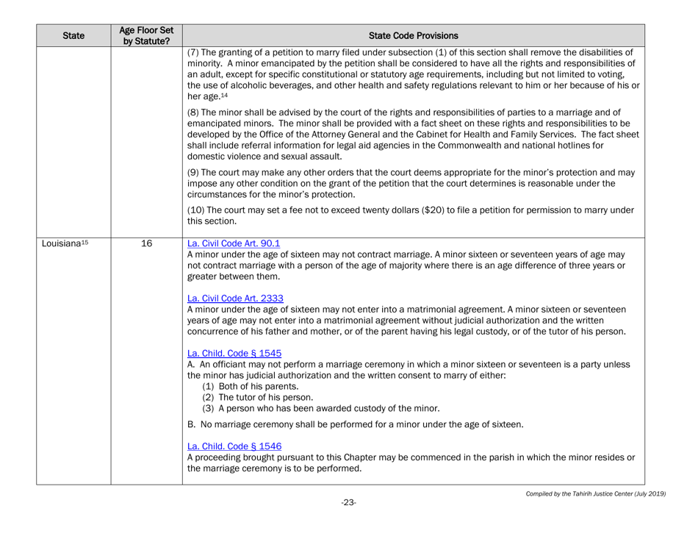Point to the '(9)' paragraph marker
click(195, 173)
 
